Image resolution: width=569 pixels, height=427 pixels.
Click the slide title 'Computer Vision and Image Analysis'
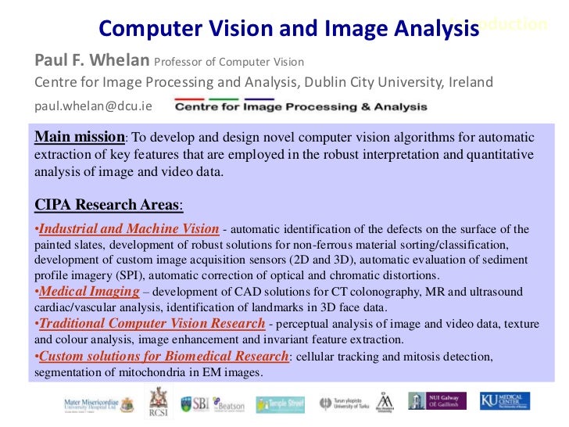pyautogui.click(x=288, y=29)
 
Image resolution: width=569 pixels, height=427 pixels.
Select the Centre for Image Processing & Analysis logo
pyautogui.click(x=301, y=106)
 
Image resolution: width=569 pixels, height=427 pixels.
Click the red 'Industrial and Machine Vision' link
pyautogui.click(x=129, y=229)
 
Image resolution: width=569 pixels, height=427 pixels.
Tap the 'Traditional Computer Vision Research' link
pyautogui.click(x=152, y=323)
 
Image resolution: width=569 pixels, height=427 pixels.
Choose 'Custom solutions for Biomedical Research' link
pyautogui.click(x=163, y=357)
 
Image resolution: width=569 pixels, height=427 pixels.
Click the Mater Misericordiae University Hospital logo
pyautogui.click(x=98, y=404)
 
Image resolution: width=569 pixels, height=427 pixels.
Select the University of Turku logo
pyautogui.click(x=342, y=404)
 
